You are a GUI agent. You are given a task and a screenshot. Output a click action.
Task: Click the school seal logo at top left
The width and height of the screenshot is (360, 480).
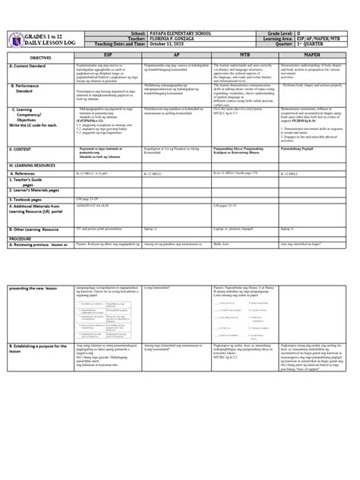pos(14,39)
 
